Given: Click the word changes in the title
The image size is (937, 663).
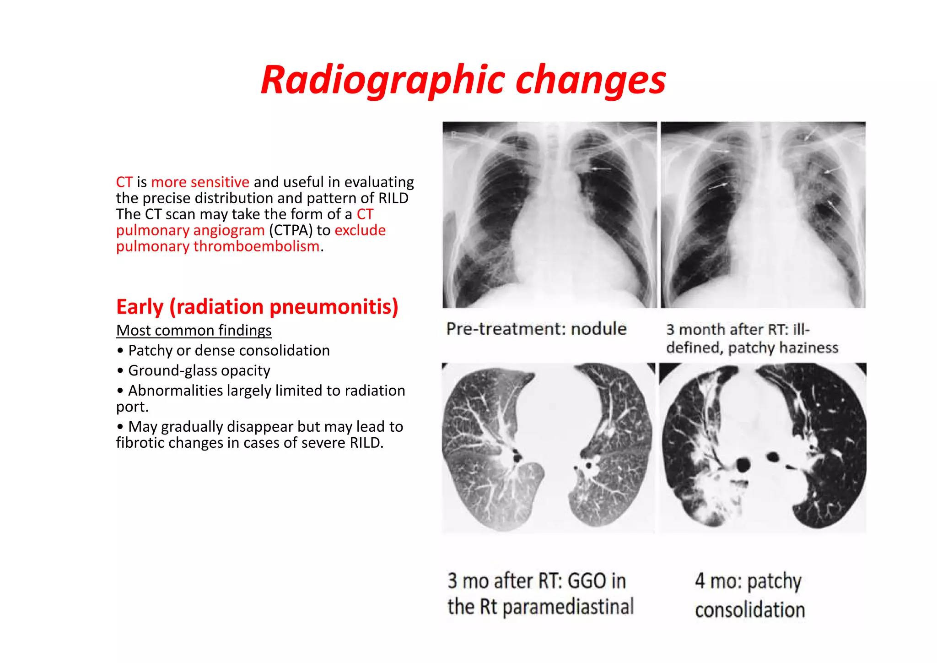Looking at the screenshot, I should point(591,81).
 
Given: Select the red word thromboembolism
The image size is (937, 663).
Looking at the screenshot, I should point(256,246).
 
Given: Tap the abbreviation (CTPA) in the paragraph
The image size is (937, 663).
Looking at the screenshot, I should point(291,230).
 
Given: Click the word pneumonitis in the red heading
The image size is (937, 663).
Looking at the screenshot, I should point(329,307).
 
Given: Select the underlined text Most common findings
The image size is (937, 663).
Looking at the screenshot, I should point(194,330).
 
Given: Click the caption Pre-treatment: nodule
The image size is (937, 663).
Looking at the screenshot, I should point(536,329).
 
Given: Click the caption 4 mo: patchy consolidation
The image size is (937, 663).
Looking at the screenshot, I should point(749,595).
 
